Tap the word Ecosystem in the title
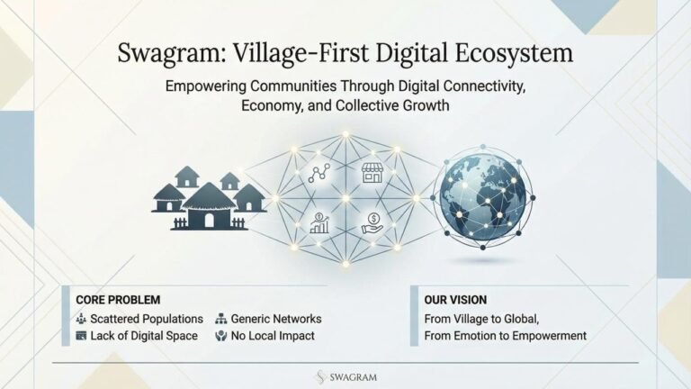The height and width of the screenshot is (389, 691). [514, 52]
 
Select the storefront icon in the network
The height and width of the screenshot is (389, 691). [372, 173]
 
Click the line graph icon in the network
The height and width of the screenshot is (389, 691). [319, 173]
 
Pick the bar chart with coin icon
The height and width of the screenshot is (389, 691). [319, 222]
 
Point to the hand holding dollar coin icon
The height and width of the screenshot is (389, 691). [372, 223]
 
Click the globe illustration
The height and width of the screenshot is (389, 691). [483, 197]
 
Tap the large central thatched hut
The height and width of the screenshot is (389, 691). [209, 206]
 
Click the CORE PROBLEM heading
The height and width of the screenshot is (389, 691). [118, 300]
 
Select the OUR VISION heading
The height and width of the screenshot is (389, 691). [455, 300]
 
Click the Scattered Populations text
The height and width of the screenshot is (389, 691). [147, 319]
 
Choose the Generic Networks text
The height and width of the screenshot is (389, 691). [276, 319]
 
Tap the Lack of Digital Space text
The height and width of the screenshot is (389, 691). [144, 336]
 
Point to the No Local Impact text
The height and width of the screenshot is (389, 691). [273, 336]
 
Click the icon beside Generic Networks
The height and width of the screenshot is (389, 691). [220, 319]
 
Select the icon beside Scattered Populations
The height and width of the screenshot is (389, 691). [81, 319]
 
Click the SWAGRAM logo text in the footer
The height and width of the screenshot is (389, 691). [354, 377]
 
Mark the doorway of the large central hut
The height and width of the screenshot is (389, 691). [209, 221]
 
